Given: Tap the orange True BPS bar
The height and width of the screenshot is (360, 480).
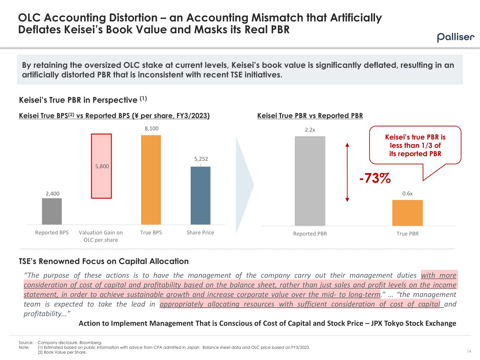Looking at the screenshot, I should click(151, 180).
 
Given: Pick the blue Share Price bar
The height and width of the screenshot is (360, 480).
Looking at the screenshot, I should click(200, 195).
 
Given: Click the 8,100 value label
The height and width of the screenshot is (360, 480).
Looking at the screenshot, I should click(151, 128).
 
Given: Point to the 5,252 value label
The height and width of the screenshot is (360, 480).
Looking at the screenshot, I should click(201, 159).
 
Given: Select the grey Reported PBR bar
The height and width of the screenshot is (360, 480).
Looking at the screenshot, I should click(310, 181).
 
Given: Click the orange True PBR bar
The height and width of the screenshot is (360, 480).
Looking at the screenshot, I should click(407, 213).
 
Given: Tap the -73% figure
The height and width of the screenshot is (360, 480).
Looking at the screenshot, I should click(375, 178).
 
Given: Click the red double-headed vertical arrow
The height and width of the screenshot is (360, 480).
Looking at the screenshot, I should click(347, 172).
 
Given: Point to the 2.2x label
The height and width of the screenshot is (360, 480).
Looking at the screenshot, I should click(310, 130).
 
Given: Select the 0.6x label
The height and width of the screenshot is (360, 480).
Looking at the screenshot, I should click(407, 194).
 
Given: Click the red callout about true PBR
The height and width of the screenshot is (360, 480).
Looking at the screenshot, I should click(415, 145).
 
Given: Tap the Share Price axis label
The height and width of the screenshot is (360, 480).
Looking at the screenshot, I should click(200, 233).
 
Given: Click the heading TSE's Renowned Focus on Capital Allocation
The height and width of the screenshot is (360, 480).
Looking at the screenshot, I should click(104, 261).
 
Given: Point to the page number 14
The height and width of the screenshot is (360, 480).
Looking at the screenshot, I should click(469, 351).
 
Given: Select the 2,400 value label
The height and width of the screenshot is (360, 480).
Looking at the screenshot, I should click(52, 194).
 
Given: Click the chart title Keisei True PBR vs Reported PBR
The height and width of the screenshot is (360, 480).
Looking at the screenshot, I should click(310, 116).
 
